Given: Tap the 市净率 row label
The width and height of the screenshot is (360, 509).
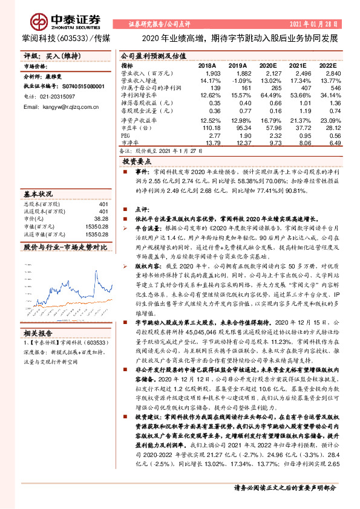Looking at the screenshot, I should [129, 143].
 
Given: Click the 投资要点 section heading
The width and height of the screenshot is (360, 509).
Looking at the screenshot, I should [137, 163].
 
